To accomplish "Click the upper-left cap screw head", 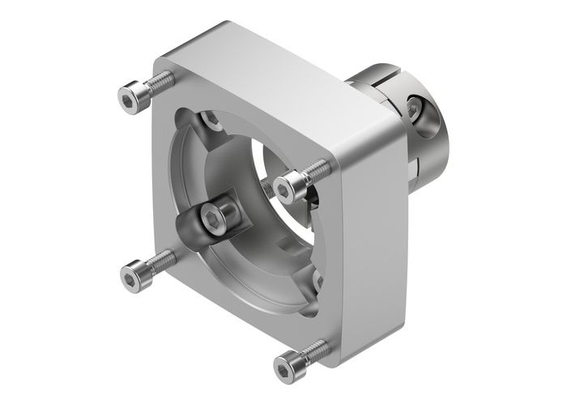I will (130, 97).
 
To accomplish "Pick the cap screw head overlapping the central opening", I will (286, 188).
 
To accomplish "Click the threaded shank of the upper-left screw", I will (160, 82).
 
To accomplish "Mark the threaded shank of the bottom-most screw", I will (318, 349).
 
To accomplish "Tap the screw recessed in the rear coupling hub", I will (415, 108).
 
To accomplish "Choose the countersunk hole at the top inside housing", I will (212, 121).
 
